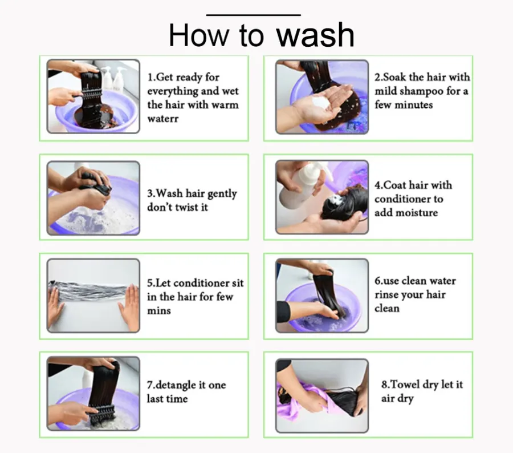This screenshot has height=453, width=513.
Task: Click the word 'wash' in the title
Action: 315,35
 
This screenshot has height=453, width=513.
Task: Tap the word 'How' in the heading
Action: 198,35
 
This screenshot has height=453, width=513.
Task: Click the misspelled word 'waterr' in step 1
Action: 163,119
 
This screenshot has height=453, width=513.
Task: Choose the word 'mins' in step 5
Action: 159,310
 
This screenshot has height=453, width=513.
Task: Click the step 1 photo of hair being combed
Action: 93,96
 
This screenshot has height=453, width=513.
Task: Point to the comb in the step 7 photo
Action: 102,410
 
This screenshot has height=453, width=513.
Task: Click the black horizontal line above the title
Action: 254,15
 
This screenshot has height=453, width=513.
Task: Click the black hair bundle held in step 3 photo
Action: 96,183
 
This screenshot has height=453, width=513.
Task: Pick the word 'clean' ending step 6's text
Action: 387,309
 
